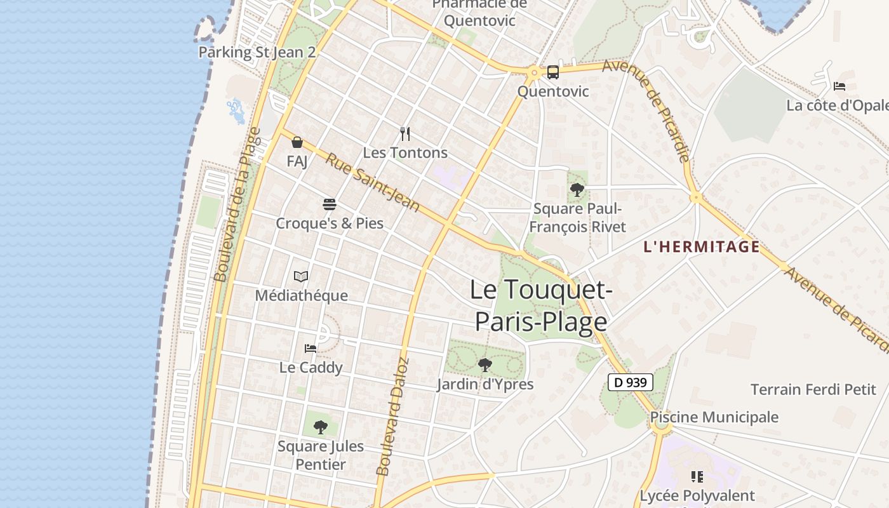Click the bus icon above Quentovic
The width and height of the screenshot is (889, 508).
[553, 72]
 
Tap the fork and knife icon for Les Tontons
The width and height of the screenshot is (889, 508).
[405, 134]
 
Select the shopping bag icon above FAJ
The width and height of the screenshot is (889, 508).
[297, 142]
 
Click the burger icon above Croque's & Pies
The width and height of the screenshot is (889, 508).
[330, 204]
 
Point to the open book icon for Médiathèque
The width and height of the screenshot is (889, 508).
[301, 277]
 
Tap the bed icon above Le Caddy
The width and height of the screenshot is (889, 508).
[311, 349]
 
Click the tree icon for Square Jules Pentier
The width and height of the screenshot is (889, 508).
[321, 427]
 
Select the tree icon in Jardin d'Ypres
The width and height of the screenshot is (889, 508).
[485, 365]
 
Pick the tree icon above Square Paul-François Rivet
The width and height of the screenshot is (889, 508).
[577, 189]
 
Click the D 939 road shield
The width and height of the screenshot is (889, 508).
[631, 382]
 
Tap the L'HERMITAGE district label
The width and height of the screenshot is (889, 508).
[702, 247]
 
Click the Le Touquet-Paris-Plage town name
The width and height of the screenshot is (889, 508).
[541, 305]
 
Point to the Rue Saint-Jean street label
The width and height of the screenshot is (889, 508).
[373, 182]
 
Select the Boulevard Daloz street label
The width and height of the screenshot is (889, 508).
[392, 417]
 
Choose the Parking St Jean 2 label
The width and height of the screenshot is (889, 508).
[257, 52]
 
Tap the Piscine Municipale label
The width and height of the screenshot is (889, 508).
[714, 417]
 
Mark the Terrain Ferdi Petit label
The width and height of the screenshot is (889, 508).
[813, 389]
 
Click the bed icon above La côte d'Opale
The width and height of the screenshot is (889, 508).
[839, 86]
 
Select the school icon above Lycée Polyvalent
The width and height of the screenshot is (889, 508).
[697, 476]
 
